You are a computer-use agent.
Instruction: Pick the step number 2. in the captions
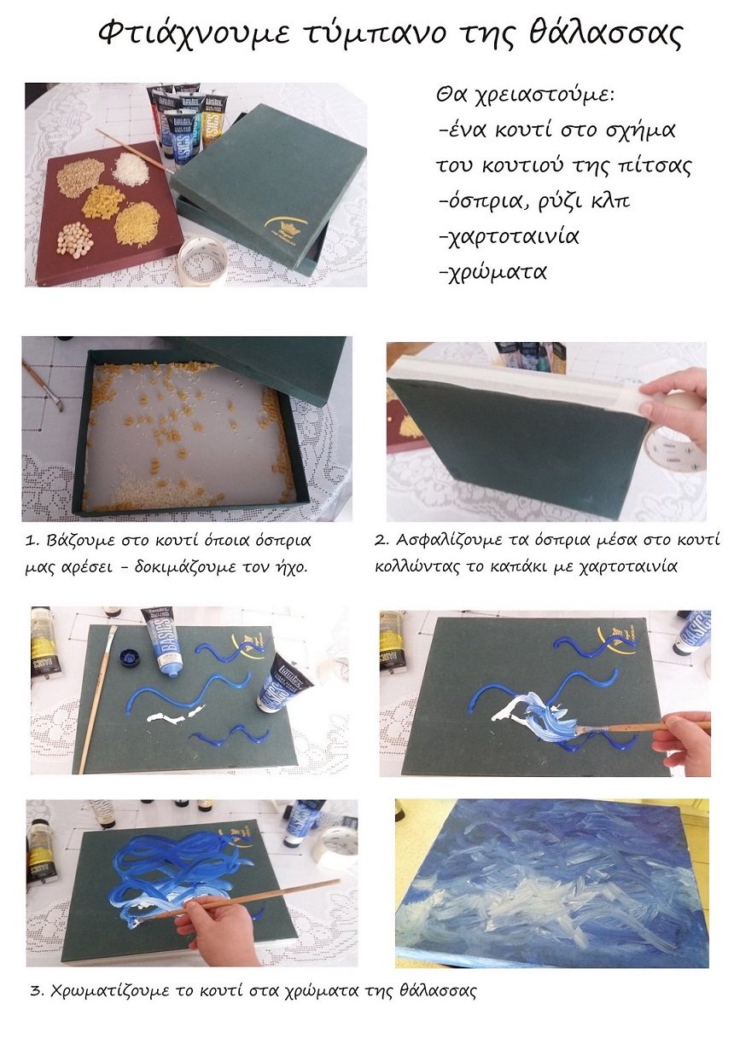click(x=382, y=540)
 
